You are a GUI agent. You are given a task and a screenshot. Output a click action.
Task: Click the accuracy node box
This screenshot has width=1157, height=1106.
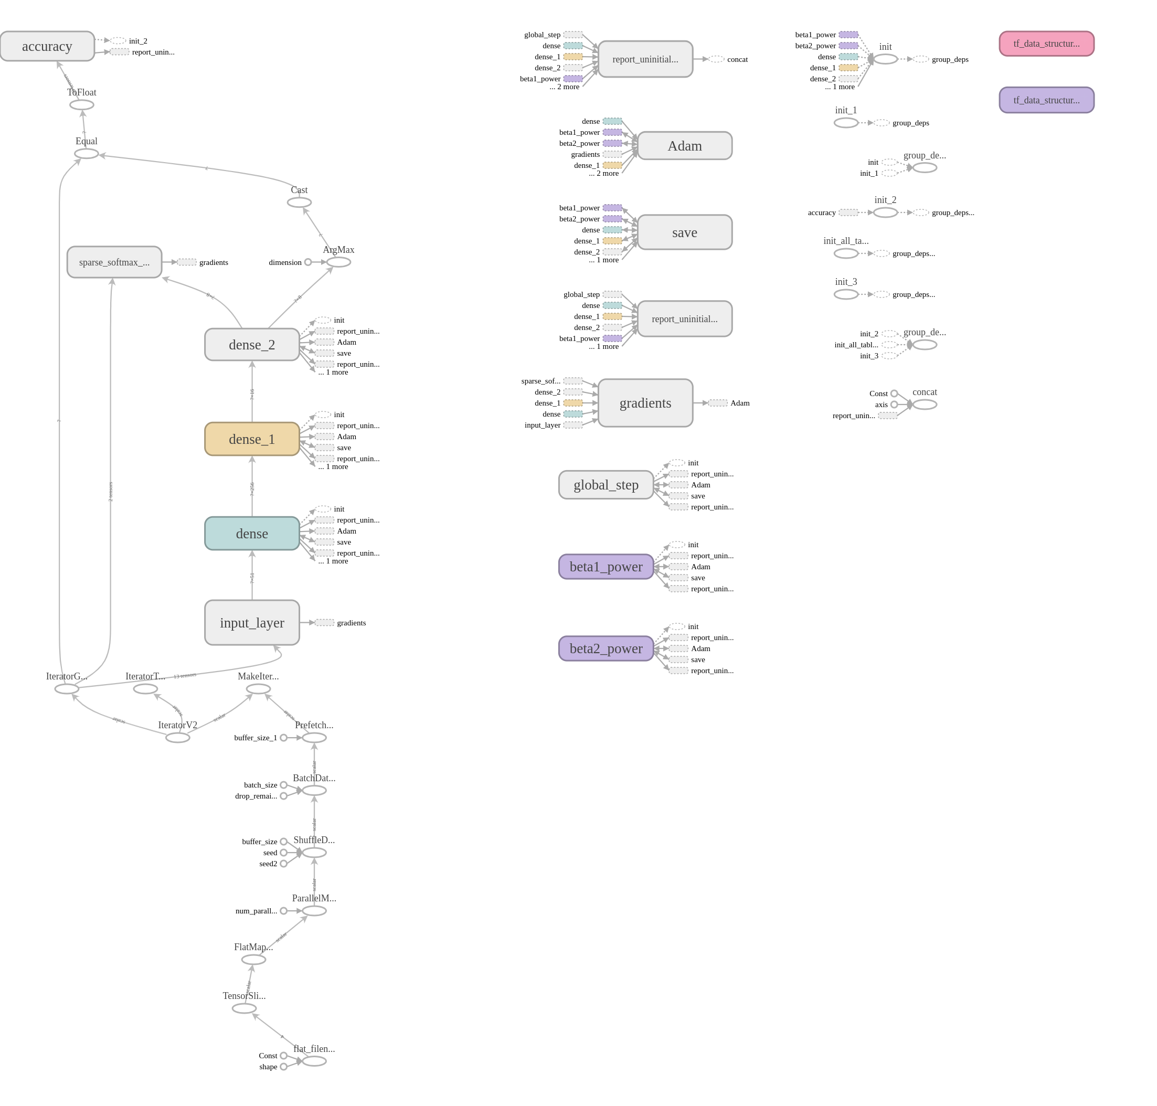(x=47, y=46)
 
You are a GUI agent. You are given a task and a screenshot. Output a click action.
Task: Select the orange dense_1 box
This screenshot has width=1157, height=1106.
(x=252, y=439)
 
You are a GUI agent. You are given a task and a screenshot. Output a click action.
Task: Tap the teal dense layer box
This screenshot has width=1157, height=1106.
(x=252, y=533)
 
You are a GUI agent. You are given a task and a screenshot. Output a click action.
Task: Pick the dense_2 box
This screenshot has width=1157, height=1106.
(x=252, y=344)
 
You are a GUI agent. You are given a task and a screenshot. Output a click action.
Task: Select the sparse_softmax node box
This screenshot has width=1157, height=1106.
(x=114, y=262)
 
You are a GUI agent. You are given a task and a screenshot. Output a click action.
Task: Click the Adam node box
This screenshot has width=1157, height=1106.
(x=684, y=146)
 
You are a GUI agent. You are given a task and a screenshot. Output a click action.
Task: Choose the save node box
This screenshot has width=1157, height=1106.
(x=684, y=232)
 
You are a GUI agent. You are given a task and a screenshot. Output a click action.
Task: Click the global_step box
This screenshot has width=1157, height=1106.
(x=606, y=485)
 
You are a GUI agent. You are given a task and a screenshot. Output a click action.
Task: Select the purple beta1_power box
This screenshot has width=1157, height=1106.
(x=606, y=567)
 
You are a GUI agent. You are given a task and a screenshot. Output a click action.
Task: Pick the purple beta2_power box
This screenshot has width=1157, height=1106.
(x=606, y=648)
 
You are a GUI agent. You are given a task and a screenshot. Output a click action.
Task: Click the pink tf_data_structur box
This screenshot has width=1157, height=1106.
(x=1046, y=44)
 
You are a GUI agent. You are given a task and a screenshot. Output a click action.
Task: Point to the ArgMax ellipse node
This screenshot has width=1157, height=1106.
(x=338, y=262)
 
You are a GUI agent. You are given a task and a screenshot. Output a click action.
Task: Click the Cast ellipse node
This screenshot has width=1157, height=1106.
(x=299, y=202)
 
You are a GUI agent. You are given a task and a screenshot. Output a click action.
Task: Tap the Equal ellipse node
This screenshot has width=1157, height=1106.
(x=86, y=154)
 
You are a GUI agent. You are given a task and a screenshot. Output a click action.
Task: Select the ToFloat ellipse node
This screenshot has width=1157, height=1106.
(x=81, y=105)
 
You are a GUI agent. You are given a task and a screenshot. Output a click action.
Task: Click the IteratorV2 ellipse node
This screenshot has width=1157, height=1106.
(x=177, y=738)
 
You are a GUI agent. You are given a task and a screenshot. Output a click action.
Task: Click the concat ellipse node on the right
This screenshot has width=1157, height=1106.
(x=924, y=405)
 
